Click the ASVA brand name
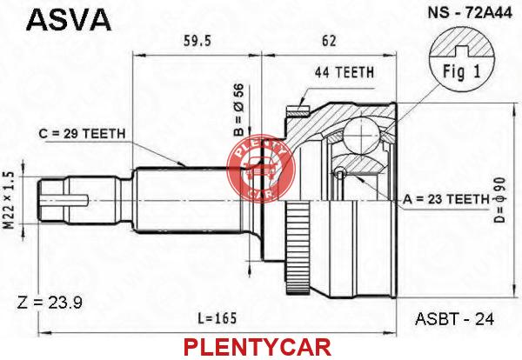(69, 20)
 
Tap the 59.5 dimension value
(197, 41)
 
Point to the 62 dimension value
(329, 41)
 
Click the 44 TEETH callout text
(345, 72)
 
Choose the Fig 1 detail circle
(461, 60)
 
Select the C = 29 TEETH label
(83, 133)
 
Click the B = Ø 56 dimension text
(238, 110)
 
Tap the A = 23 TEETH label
(446, 199)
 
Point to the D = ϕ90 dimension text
(499, 199)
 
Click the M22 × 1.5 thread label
(9, 200)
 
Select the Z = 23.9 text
(50, 303)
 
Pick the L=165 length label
(217, 318)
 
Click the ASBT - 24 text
(455, 319)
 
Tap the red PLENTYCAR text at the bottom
(257, 347)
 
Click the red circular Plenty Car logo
(261, 169)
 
